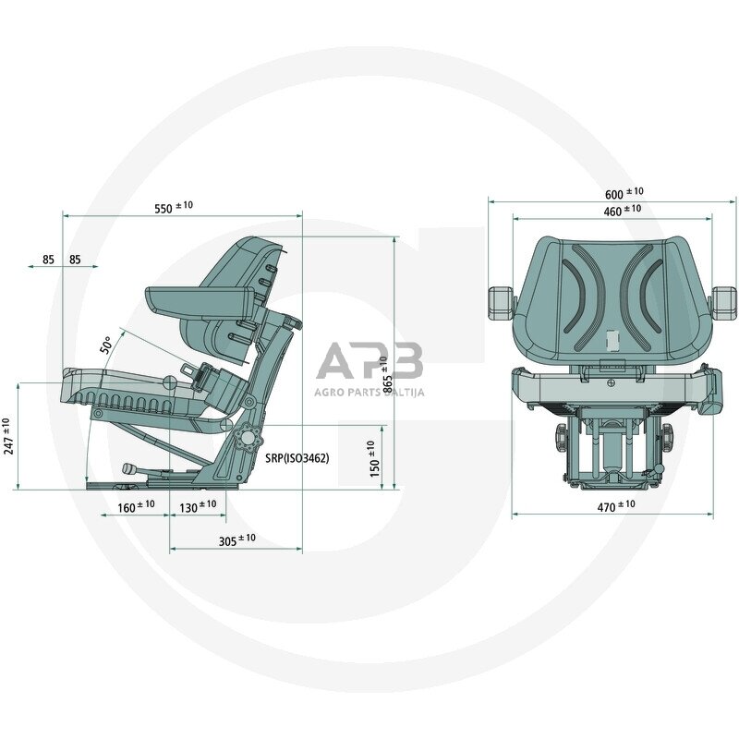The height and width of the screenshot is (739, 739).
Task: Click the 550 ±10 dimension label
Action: (x=174, y=207)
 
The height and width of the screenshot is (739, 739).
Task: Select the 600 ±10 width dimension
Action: (x=624, y=193)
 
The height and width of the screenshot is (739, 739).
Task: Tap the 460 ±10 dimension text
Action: (x=622, y=211)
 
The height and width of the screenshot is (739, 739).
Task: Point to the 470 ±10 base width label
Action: (x=616, y=505)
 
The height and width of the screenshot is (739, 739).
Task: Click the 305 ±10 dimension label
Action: (x=237, y=539)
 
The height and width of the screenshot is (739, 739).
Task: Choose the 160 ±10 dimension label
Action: (x=136, y=506)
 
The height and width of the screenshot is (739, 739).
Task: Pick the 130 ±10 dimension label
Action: (x=198, y=506)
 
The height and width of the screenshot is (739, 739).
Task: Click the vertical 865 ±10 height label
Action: (x=387, y=375)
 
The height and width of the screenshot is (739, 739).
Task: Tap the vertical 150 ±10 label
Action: (x=375, y=458)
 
